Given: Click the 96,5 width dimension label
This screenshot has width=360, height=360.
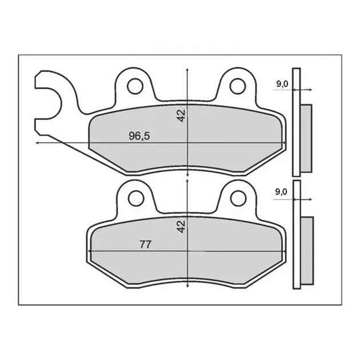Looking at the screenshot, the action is pos(139,136).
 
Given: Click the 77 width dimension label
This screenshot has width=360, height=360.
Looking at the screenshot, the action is pos(145,245).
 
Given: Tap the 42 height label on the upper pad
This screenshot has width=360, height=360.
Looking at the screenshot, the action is pos(181,115).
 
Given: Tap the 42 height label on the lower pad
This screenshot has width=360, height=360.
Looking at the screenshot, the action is pos(181,227).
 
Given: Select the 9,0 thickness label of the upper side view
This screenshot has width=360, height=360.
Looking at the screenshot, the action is pos(282,84).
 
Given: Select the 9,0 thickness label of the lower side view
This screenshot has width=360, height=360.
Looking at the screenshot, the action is pos(281,191).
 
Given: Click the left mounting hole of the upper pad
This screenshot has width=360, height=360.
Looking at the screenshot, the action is pos(135,86).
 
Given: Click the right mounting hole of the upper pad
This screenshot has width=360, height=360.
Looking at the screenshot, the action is pos(238,86).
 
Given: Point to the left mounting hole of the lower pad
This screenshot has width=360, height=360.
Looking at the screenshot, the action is pos(136,198).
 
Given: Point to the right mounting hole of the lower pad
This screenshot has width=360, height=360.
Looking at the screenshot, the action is pos(238,198).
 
